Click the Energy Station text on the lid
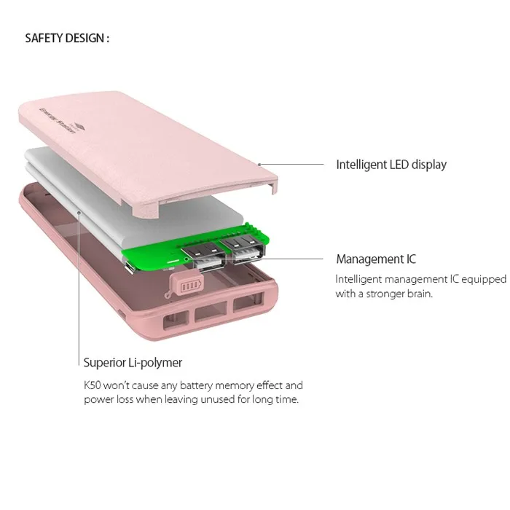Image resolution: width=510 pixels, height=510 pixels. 58,120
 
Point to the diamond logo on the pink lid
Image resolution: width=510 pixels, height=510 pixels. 79,127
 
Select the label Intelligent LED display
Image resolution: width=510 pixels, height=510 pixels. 391,165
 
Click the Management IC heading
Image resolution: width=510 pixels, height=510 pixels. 376,259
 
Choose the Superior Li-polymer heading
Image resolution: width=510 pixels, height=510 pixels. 133,363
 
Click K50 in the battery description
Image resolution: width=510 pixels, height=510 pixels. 92,385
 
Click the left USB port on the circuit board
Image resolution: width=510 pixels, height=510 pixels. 203,256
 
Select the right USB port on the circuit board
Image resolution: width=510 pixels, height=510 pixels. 243,249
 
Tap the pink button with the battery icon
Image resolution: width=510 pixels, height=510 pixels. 187,284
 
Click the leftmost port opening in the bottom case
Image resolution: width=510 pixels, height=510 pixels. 176,319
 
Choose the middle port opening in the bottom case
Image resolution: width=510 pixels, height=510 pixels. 211,311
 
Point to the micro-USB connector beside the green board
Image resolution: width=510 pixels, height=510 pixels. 129,267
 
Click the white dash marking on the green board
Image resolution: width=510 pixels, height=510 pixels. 173,261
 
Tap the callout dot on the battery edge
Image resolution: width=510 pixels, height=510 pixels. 79,213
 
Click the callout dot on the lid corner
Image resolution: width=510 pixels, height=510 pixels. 259,165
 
